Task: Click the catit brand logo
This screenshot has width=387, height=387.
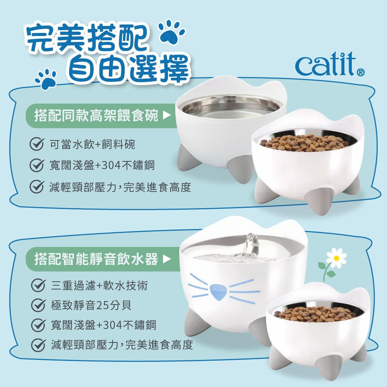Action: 330,64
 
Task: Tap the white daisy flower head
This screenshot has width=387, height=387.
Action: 336,258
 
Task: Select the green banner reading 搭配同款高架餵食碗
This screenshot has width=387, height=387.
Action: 101,115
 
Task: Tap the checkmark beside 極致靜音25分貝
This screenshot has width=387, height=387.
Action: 38,305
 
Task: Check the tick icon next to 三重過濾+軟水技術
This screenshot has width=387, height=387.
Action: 38,285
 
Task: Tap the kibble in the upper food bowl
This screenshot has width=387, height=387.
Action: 305,143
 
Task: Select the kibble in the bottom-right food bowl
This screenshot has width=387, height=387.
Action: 315,314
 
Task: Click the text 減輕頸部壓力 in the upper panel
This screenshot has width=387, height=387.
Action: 83,187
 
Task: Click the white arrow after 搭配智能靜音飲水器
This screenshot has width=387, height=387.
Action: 167,259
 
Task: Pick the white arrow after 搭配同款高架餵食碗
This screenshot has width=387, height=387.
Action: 167,115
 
